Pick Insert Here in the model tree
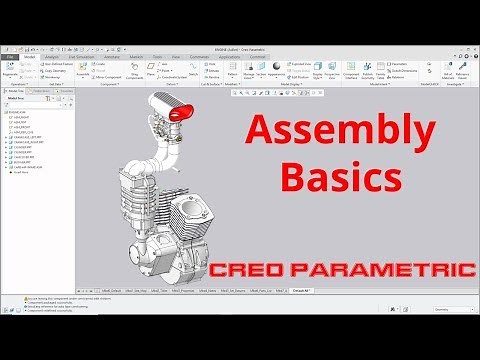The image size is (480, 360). point(21,173)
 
